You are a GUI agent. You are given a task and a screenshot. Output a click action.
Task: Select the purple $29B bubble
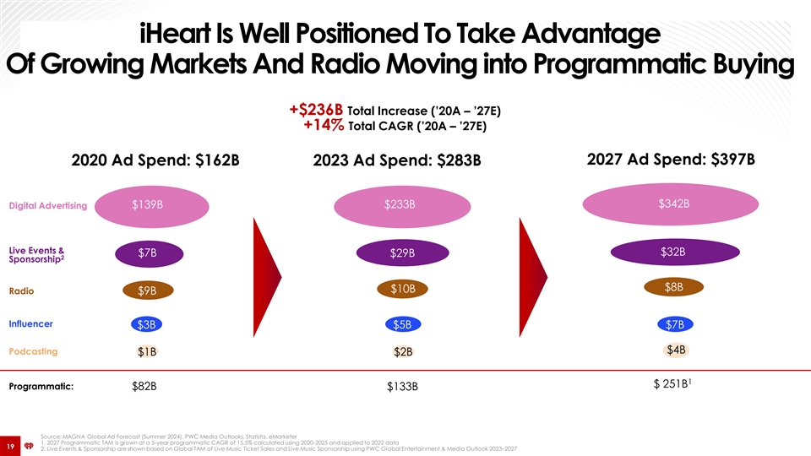pos(402,253)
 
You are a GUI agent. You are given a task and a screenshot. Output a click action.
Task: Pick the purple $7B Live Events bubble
pos(148,253)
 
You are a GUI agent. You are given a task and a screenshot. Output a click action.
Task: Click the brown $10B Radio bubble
pos(402,290)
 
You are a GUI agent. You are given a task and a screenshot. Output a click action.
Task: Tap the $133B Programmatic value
pos(402,387)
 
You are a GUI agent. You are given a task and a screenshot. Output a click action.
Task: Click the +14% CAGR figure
pos(324,127)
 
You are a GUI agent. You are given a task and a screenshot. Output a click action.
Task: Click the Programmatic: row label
pos(41,388)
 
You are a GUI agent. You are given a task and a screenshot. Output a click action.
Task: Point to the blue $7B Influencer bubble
pos(675,325)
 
